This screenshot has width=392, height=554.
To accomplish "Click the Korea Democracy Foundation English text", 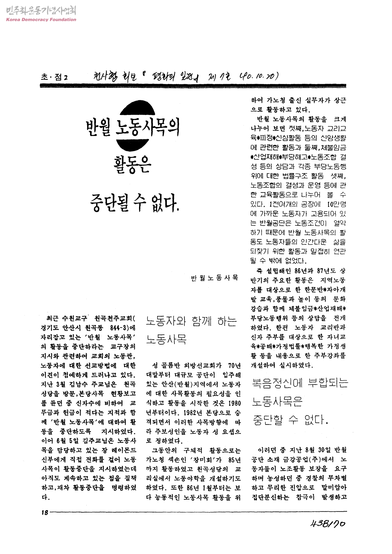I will coord(41,19).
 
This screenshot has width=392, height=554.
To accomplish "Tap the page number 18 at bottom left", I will coord(45,512).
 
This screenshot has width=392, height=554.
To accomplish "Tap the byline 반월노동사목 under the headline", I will coord(215,278).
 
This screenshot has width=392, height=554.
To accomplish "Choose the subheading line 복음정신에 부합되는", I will coord(300,384).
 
